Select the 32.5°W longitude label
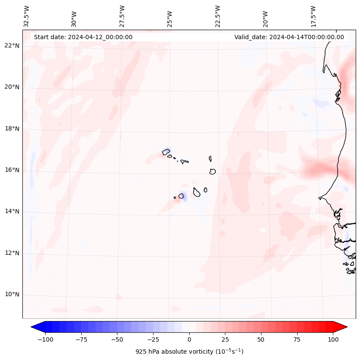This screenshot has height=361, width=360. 27,16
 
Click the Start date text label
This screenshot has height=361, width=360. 83,37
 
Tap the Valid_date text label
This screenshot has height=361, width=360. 289,37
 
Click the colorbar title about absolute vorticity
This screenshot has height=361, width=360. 189,352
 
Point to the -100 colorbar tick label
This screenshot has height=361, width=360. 45,339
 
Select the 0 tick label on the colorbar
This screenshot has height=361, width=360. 189,339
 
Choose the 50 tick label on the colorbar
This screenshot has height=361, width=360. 261,339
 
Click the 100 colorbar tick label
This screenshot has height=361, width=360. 333,339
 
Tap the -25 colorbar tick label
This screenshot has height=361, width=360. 153,339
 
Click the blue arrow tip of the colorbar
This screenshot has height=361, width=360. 34,327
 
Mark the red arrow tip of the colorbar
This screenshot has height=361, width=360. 345,327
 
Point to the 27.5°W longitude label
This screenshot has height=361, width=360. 122,16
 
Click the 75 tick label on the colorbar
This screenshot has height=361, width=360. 297,339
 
